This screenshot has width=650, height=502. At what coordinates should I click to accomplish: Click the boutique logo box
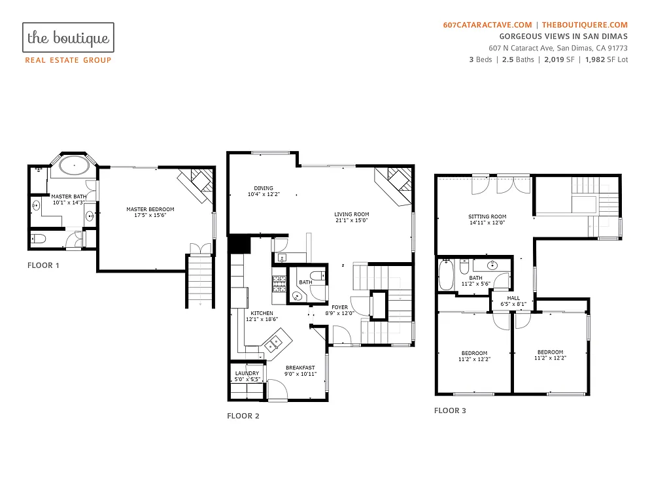(68, 38)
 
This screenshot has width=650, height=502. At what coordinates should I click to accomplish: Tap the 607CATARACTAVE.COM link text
(487, 25)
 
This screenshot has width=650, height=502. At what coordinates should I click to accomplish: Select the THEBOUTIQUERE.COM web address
(585, 25)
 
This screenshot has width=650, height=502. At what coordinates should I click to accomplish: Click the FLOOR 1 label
(43, 265)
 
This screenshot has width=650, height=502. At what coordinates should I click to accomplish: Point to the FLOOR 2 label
(243, 416)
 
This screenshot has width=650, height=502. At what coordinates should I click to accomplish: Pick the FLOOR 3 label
(451, 410)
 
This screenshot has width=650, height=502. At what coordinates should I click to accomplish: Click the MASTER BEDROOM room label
(150, 209)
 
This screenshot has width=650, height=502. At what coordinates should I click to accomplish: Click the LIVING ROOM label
(352, 214)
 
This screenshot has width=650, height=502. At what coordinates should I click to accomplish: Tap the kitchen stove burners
(280, 283)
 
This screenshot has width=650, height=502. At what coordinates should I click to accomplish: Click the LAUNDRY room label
(247, 374)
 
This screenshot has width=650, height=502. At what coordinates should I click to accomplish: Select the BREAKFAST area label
(300, 367)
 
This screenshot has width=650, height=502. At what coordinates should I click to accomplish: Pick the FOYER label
(339, 307)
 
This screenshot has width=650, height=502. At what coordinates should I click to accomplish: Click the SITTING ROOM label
(487, 216)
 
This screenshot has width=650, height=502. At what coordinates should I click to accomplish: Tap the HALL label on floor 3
(513, 298)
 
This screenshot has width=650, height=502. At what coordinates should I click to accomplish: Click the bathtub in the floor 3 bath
(447, 275)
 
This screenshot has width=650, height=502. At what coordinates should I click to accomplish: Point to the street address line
(558, 48)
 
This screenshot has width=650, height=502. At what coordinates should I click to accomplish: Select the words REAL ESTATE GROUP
(68, 60)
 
